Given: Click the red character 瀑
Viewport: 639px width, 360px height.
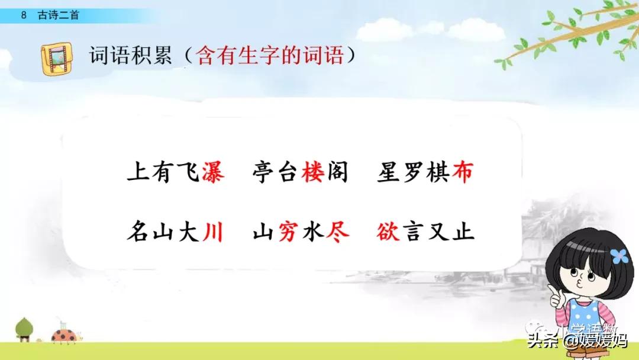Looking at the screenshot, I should click(x=212, y=173).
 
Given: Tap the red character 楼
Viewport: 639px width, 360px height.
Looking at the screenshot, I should click(x=312, y=173).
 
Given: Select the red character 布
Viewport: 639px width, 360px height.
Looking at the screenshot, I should click(x=463, y=173).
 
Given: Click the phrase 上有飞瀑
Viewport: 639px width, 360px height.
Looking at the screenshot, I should click(x=176, y=173).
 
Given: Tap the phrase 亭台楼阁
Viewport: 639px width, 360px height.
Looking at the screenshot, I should click(x=300, y=173).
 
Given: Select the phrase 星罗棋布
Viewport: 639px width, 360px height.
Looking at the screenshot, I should click(x=425, y=173).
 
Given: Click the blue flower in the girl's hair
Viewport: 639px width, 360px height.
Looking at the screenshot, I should click(x=618, y=256).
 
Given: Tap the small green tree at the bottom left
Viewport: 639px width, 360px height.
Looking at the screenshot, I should click(x=25, y=329).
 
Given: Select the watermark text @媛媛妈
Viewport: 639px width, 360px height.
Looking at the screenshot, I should click(x=594, y=341).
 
